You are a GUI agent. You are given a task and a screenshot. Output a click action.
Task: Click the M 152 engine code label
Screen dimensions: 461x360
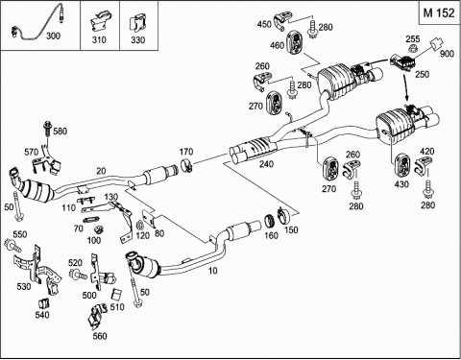[x=439, y=12]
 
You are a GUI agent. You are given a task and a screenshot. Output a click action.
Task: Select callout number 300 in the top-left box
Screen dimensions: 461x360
[x=53, y=36]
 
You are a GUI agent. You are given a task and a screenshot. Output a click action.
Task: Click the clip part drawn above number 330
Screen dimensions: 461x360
[x=137, y=24]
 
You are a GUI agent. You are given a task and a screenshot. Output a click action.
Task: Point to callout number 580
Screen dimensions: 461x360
[x=61, y=131]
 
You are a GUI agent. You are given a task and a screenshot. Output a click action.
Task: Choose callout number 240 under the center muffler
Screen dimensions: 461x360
[x=266, y=164]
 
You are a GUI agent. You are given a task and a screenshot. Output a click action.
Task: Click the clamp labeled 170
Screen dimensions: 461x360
[x=187, y=165]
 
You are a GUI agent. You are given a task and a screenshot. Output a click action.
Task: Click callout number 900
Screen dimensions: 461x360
[x=447, y=54]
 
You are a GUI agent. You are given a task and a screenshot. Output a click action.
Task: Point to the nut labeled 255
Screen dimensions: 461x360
[x=413, y=49]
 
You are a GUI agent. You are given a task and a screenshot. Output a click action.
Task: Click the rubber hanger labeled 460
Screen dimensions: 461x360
[x=297, y=43]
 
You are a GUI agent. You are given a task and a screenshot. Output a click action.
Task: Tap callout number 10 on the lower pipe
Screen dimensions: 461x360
[x=212, y=271]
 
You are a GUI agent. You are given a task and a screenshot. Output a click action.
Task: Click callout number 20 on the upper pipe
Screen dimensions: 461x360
[x=101, y=171]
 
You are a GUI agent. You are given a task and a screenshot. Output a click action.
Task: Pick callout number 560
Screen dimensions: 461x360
[x=100, y=336]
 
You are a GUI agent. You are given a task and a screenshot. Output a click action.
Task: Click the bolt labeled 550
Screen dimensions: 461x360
[x=12, y=245]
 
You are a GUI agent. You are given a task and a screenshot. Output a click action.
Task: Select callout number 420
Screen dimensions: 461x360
[x=426, y=152]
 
